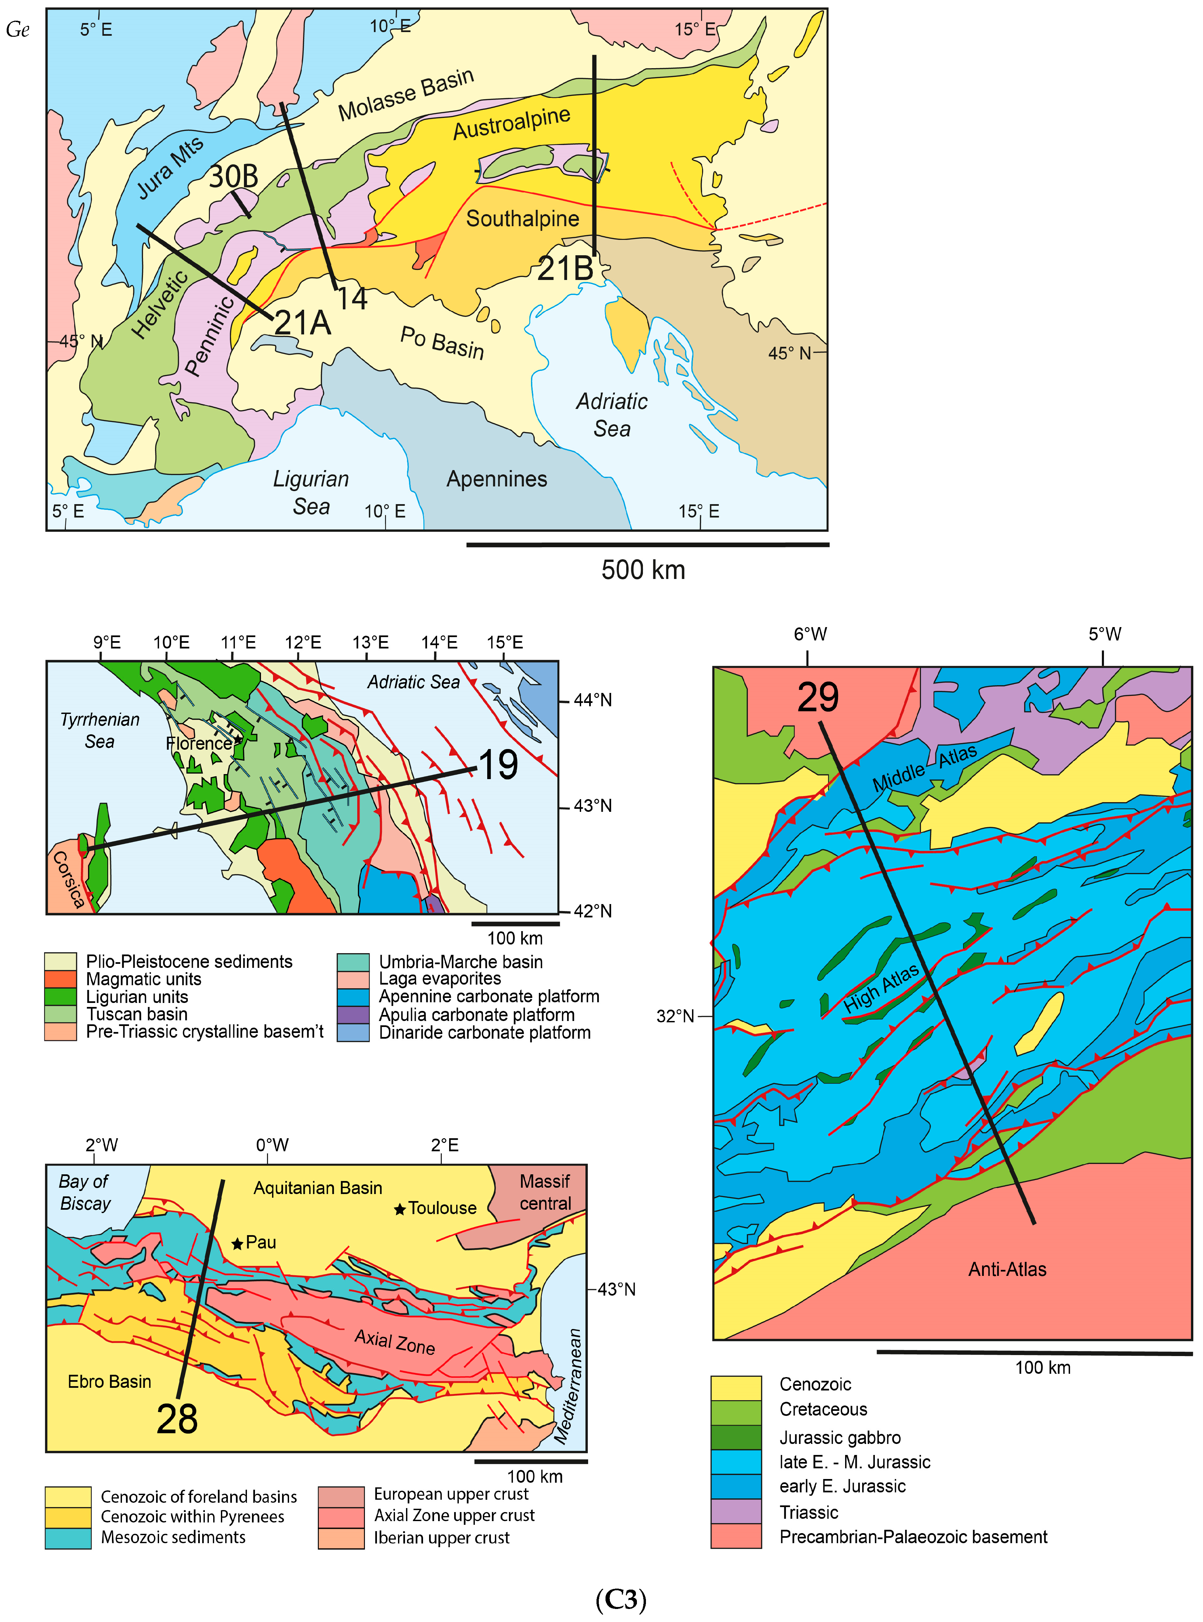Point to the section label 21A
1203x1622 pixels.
coord(302,322)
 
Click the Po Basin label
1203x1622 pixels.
coord(442,342)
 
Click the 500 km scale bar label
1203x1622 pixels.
coord(643,569)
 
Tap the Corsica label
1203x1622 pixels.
coord(69,879)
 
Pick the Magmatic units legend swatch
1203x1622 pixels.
coord(60,979)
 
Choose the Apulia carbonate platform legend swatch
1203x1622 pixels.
coord(353,1015)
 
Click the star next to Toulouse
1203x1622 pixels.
coord(400,1209)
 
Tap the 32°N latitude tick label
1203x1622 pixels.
coord(675,1016)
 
